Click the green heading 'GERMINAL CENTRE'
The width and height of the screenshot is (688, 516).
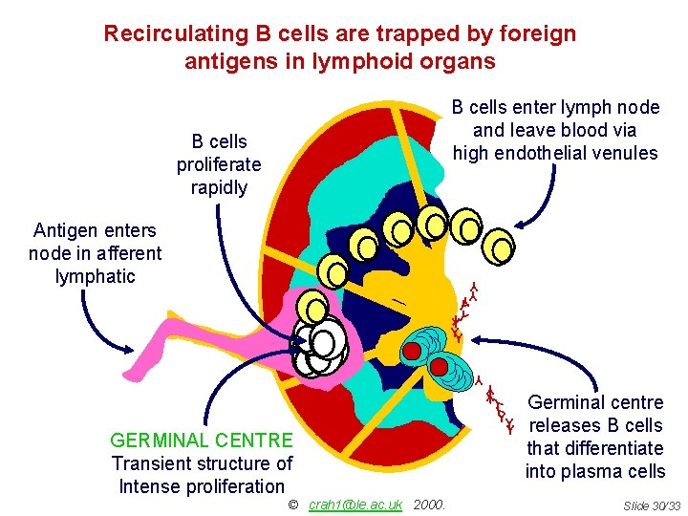click(202, 441)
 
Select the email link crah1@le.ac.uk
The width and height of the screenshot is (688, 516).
click(355, 504)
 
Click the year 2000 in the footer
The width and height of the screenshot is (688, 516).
click(430, 504)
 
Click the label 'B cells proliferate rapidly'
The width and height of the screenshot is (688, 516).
click(219, 164)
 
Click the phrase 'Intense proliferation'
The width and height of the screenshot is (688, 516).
click(202, 486)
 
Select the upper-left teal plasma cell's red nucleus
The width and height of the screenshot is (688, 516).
click(412, 351)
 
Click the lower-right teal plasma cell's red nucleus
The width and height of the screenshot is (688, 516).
click(441, 365)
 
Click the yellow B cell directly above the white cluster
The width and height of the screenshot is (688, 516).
click(312, 307)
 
